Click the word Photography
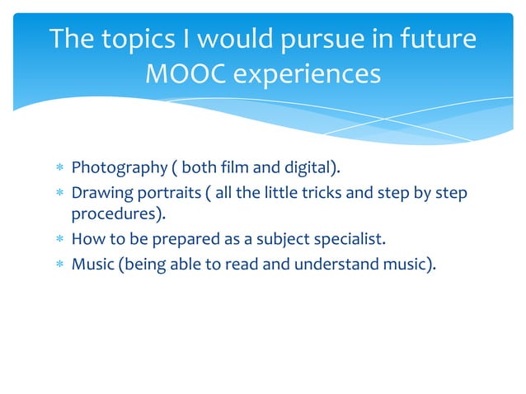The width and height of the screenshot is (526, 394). [x=119, y=168]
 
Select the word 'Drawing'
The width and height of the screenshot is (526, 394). [x=99, y=192]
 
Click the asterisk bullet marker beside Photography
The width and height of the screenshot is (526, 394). [x=59, y=169]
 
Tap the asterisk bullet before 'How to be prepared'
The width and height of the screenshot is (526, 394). [x=59, y=241]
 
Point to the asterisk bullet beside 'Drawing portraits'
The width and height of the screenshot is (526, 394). [x=59, y=193]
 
